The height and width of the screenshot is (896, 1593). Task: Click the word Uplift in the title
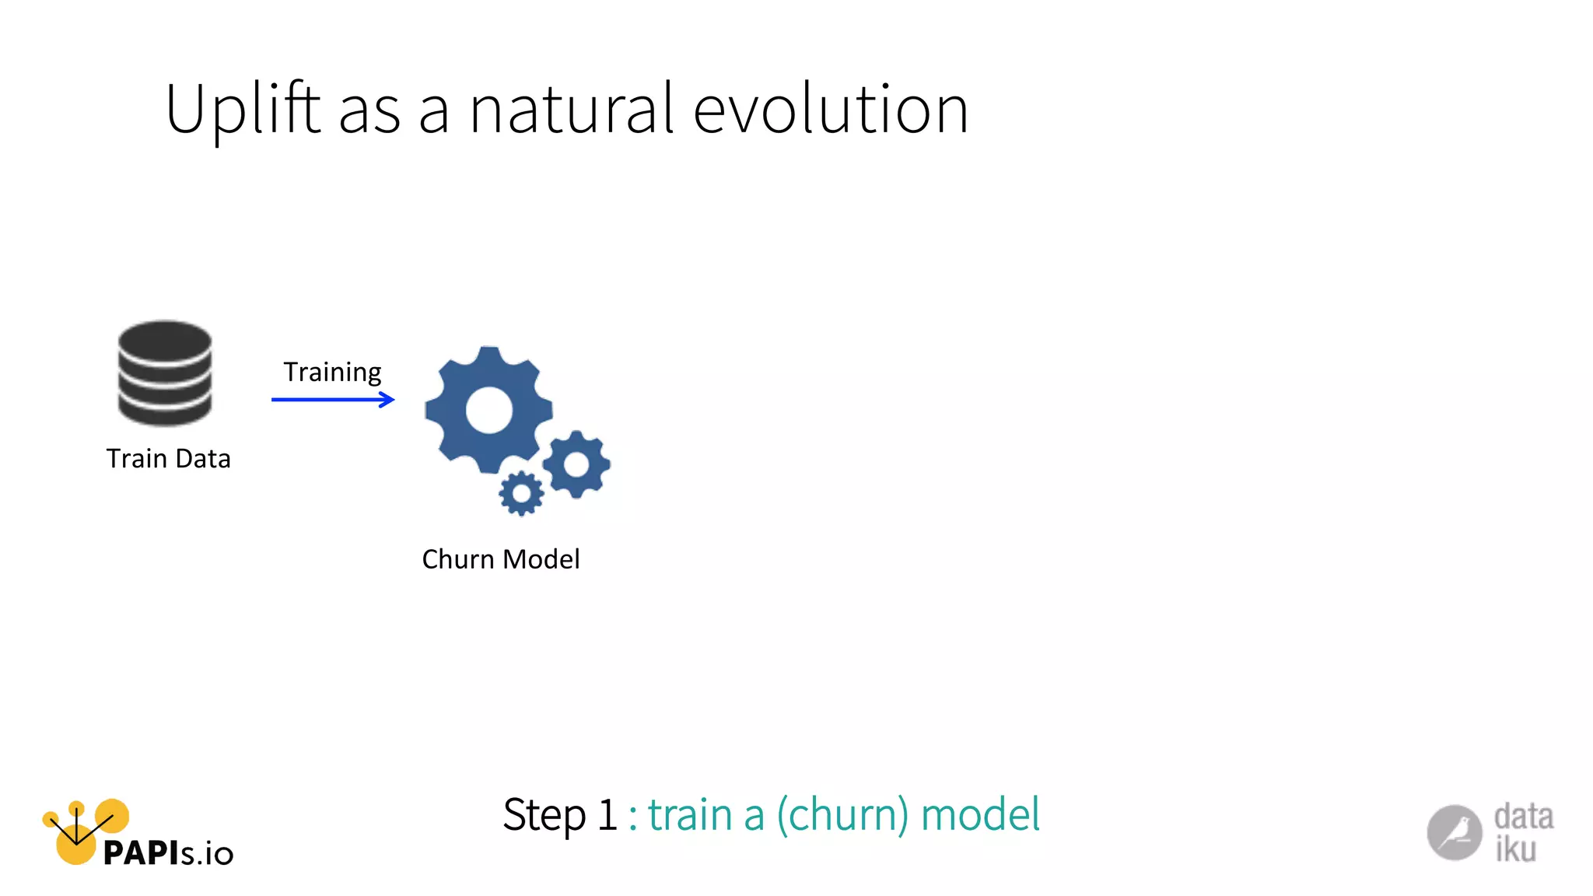click(x=242, y=110)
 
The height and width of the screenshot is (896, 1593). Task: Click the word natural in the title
click(x=571, y=110)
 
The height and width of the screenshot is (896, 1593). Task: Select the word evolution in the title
click(x=830, y=110)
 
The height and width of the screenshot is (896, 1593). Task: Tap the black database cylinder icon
click(x=165, y=373)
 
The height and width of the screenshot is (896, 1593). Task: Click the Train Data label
click(x=168, y=459)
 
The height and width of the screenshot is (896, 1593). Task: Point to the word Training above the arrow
click(x=332, y=373)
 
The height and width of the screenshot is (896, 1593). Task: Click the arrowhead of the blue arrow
click(x=387, y=400)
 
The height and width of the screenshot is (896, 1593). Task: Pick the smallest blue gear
click(x=520, y=493)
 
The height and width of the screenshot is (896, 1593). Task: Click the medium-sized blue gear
click(x=576, y=464)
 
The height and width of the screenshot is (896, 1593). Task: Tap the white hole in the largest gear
click(x=488, y=410)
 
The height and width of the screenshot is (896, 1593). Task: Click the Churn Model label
click(x=501, y=559)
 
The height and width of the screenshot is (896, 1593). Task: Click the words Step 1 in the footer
click(x=560, y=815)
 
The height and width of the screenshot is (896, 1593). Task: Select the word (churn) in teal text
click(x=842, y=815)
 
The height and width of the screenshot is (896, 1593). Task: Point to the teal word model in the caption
click(x=980, y=815)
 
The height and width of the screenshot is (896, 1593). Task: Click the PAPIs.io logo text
click(x=168, y=853)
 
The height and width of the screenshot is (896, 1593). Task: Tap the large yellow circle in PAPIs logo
click(x=75, y=848)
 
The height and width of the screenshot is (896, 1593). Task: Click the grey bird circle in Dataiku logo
click(x=1454, y=833)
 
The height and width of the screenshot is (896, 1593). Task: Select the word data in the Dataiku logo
click(x=1523, y=817)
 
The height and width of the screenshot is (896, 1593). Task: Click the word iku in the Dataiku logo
click(x=1515, y=849)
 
